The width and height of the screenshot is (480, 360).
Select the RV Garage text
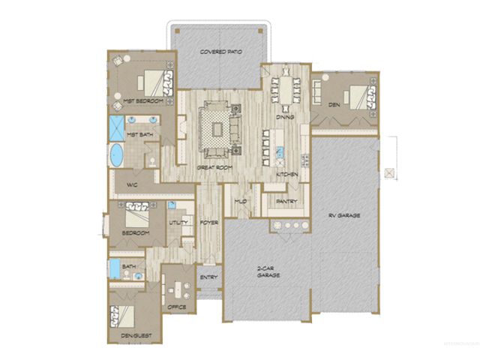point(344,215)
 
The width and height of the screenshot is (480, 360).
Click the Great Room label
point(212,166)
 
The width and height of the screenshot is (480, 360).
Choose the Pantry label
point(286,201)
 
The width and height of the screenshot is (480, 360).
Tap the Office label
point(177,307)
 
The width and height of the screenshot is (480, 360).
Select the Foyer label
point(208,223)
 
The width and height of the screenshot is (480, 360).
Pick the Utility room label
point(178,223)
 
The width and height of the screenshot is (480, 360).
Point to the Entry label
point(208,278)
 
